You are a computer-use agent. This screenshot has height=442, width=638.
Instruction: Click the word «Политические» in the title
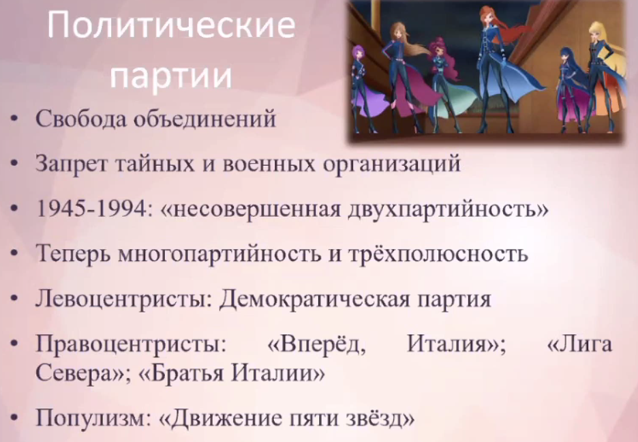[171, 25]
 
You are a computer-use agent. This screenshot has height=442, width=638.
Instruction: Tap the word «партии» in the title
[171, 76]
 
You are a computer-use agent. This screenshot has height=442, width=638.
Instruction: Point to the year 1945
[61, 209]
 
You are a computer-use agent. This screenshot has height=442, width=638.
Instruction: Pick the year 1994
[121, 209]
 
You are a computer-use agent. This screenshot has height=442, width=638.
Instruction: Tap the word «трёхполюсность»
[438, 254]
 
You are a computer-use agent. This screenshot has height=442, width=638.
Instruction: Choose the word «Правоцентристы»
[131, 344]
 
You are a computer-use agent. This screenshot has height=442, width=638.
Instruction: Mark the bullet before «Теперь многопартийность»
[14, 253]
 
